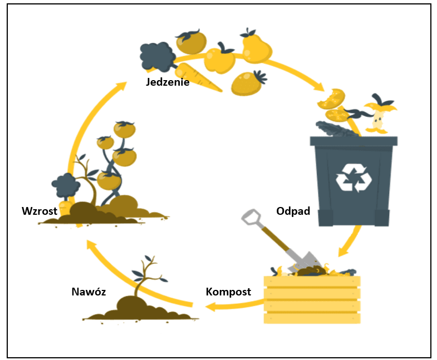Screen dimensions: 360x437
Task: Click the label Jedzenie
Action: point(168,82)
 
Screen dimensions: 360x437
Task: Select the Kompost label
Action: point(228,292)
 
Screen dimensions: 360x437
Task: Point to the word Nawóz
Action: point(89,291)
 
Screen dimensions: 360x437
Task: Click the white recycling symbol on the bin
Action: point(353,177)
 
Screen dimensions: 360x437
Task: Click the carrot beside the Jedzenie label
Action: point(197,77)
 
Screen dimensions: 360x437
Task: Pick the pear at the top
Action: point(256,47)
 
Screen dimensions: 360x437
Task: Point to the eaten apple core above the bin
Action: point(379,117)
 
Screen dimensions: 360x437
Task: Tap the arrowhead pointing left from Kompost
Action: point(210,307)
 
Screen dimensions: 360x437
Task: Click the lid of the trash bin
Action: point(353,140)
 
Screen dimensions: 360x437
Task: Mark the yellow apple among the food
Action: point(219,60)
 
